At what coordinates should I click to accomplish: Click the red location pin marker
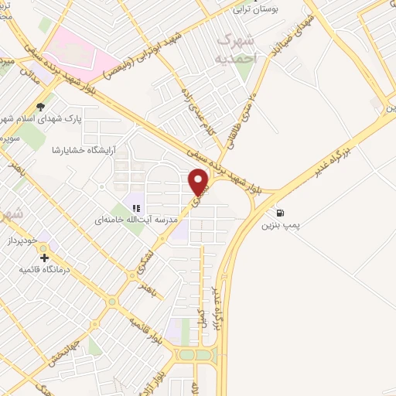point(200,182)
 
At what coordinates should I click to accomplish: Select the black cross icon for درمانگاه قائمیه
point(44,258)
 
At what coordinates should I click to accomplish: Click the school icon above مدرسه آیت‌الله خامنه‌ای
point(135,207)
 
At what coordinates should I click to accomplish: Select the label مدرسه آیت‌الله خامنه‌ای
point(126,220)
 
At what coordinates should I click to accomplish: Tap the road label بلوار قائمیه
point(147,330)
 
